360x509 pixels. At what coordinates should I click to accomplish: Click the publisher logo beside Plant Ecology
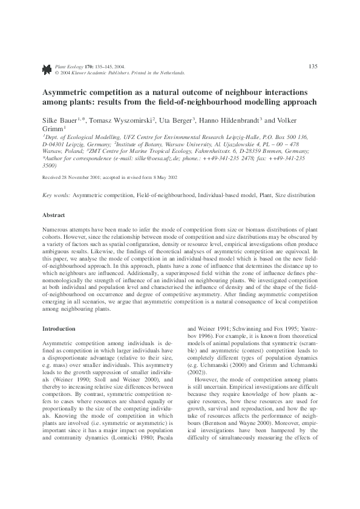[47, 70]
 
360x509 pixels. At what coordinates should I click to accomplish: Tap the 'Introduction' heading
[57, 328]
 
